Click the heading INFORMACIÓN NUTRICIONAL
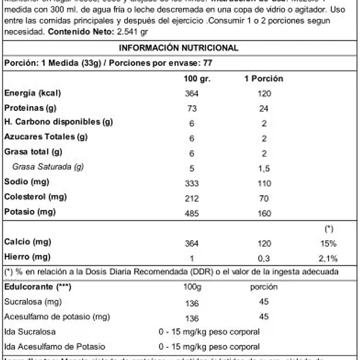tap(179, 48)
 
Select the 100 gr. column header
tap(193, 79)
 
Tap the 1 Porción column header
tap(263, 79)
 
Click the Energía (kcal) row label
tap(33, 93)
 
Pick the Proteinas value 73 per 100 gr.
tap(192, 108)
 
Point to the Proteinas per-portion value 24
tap(264, 108)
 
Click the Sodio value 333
tap(192, 183)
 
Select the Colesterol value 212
tap(192, 198)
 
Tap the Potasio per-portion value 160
tap(264, 214)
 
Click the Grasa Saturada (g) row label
tap(48, 167)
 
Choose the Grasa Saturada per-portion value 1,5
tap(264, 168)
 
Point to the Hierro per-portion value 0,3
tap(264, 259)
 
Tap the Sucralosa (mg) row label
tap(33, 302)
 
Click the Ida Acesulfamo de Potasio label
tap(54, 346)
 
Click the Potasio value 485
tap(192, 214)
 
